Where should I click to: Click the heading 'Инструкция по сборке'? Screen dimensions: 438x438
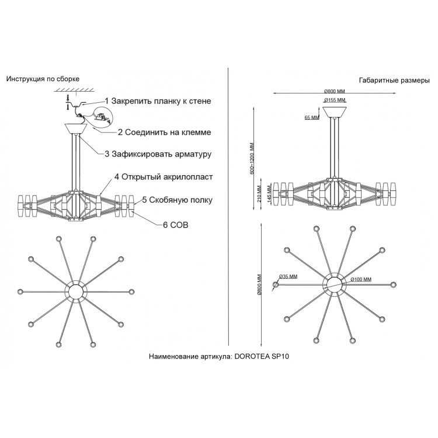pyautogui.click(x=42, y=78)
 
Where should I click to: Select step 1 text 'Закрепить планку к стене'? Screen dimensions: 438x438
pyautogui.click(x=158, y=101)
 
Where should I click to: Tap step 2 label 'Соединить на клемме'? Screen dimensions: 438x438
pyautogui.click(x=164, y=133)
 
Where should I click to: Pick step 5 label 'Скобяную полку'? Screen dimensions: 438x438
pyautogui.click(x=177, y=200)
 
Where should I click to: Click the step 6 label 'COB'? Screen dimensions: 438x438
pyautogui.click(x=170, y=224)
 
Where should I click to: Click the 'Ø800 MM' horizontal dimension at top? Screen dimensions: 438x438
pyautogui.click(x=335, y=91)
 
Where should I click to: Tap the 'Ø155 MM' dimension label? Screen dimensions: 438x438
pyautogui.click(x=335, y=100)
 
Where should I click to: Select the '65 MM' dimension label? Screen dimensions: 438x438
pyautogui.click(x=311, y=117)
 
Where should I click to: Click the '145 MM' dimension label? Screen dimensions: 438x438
pyautogui.click(x=269, y=192)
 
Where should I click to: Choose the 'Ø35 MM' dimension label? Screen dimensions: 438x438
pyautogui.click(x=288, y=276)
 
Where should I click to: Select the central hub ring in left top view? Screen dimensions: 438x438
pyautogui.click(x=75, y=291)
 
